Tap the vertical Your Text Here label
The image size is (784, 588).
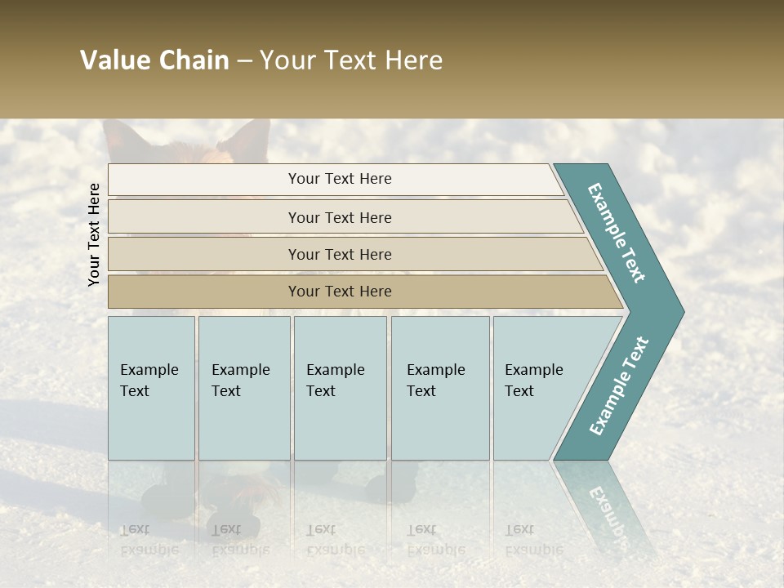pos(94,234)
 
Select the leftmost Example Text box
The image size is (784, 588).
pos(151,388)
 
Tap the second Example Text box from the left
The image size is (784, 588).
pos(244,388)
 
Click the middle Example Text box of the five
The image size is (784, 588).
pos(340,388)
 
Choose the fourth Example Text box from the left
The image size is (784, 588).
pos(440,388)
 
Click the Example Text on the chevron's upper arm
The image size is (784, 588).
pos(617,233)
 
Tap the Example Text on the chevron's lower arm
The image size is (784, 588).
pos(618,386)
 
